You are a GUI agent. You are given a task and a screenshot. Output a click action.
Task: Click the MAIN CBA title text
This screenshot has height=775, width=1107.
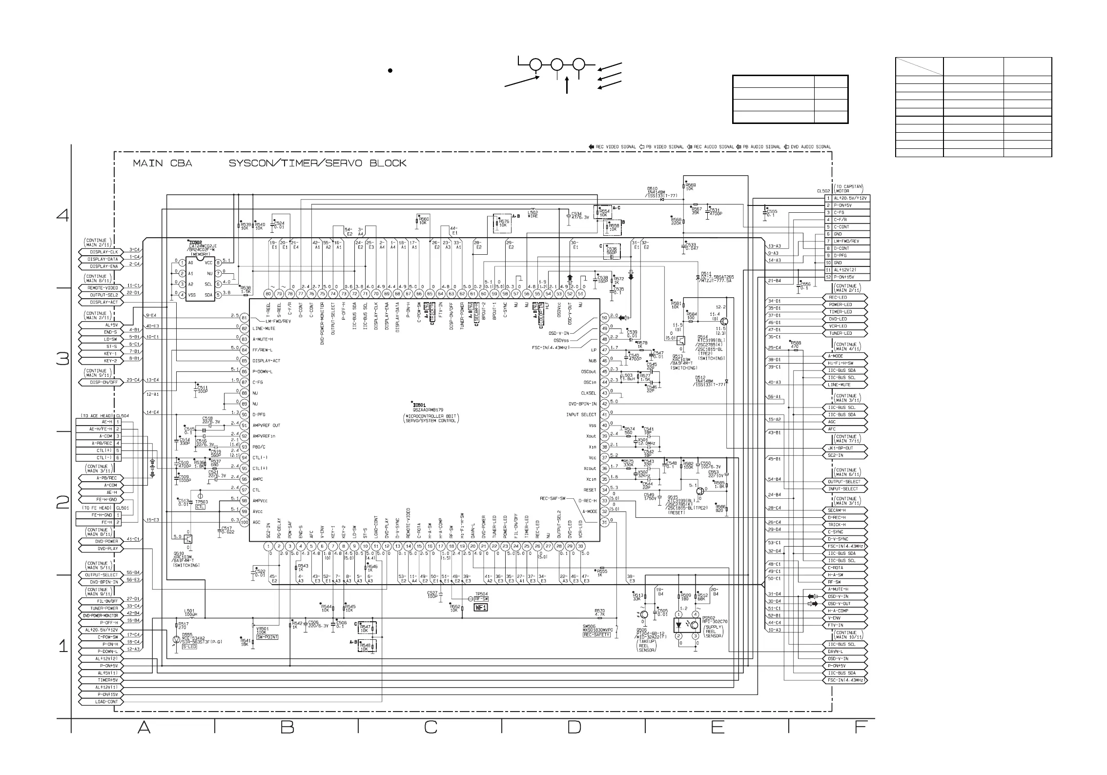[163, 163]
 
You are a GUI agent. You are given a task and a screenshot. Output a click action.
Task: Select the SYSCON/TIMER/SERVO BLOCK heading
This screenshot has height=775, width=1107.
[317, 163]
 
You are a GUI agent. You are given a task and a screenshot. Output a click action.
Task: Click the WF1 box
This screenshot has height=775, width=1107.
[481, 608]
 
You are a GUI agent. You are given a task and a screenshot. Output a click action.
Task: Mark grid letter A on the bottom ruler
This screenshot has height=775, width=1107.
[143, 728]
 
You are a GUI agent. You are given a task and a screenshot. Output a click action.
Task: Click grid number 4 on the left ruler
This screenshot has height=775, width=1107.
[63, 215]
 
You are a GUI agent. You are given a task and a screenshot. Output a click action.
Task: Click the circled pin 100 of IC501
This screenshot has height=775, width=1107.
[244, 522]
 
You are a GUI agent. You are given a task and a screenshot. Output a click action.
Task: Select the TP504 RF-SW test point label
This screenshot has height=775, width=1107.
[481, 596]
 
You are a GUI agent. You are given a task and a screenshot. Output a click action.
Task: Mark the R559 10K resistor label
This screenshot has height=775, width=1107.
[690, 186]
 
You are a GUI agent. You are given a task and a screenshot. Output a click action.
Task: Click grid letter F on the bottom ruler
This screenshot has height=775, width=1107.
[861, 728]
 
